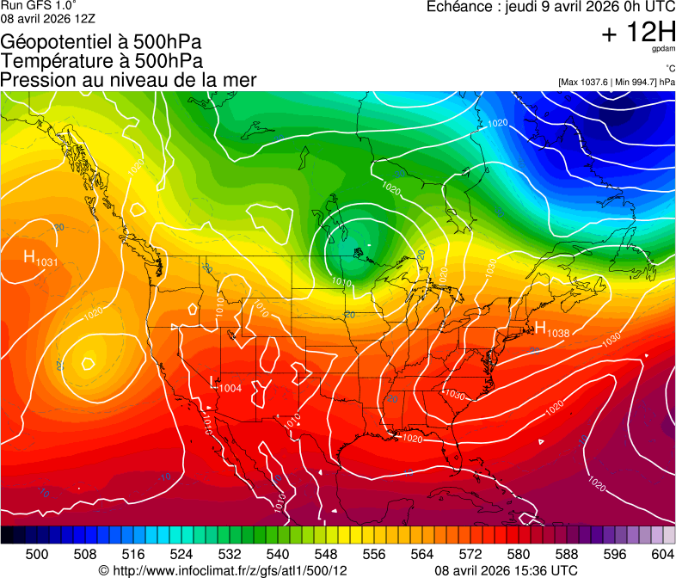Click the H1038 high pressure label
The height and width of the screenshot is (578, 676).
pyautogui.click(x=551, y=329)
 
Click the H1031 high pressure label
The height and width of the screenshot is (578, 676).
pyautogui.click(x=40, y=257)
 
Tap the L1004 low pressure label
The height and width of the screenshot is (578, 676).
pyautogui.click(x=226, y=385)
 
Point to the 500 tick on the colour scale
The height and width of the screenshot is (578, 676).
pyautogui.click(x=37, y=554)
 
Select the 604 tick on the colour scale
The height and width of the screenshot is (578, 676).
pyautogui.click(x=662, y=554)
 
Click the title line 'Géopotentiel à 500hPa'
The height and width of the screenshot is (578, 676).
pyautogui.click(x=101, y=42)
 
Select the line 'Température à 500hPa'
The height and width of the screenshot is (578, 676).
pyautogui.click(x=101, y=61)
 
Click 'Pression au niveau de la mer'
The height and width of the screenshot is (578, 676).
pyautogui.click(x=128, y=80)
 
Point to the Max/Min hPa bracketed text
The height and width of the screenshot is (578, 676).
pyautogui.click(x=616, y=82)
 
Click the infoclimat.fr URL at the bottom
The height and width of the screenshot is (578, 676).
pyautogui.click(x=223, y=570)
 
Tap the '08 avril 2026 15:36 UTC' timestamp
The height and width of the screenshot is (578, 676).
pyautogui.click(x=506, y=570)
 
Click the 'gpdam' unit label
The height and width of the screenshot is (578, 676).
pyautogui.click(x=664, y=49)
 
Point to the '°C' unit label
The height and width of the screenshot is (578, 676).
pyautogui.click(x=669, y=68)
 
